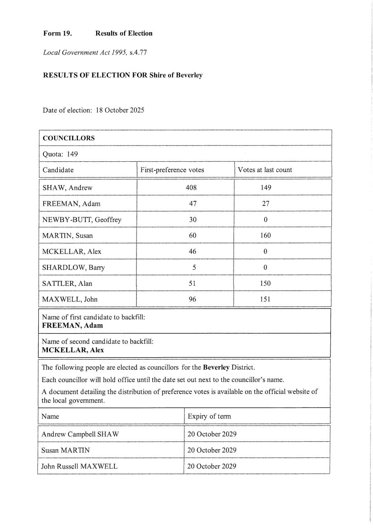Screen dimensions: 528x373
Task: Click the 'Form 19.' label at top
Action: point(57,33)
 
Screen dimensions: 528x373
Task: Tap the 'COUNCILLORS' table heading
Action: point(68,138)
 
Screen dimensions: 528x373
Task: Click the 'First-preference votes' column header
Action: point(172,170)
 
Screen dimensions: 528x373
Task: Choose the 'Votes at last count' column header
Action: point(264,170)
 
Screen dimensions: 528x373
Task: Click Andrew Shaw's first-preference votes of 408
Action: point(191,188)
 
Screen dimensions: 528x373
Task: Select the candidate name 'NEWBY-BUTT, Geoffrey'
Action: point(82,219)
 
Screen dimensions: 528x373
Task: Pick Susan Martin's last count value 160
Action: point(265,236)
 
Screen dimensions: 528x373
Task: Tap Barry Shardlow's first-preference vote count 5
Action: point(194,267)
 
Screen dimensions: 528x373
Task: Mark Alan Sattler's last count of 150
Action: point(265,283)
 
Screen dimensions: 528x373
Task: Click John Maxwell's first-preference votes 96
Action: point(192,299)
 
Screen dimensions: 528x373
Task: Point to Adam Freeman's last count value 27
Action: point(265,203)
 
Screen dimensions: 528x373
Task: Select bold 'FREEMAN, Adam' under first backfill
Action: point(73,325)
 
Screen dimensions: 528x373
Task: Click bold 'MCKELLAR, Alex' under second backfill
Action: point(73,350)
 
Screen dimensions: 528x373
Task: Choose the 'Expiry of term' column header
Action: point(209,416)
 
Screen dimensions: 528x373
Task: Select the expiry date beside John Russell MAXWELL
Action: point(212,467)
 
